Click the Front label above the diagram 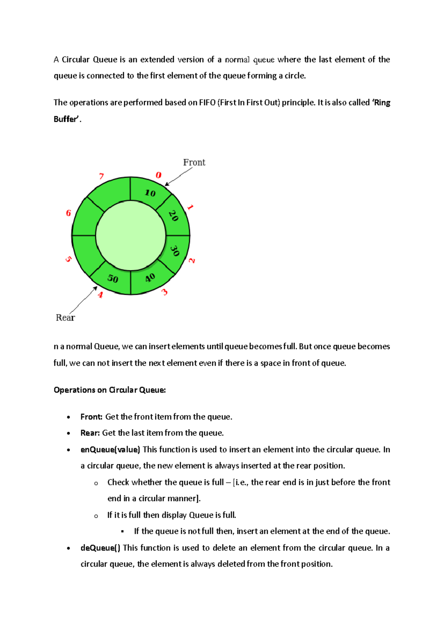(x=194, y=163)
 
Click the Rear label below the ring (x=65, y=318)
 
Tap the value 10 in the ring (x=150, y=193)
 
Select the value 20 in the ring (x=174, y=216)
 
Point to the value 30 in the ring (x=175, y=251)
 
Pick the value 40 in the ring (x=150, y=278)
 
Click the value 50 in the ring (x=113, y=278)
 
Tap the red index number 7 (x=101, y=176)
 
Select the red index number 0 (x=158, y=175)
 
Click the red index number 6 (x=68, y=213)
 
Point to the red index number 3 (x=164, y=292)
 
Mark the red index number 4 (x=100, y=295)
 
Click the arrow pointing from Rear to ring (x=83, y=300)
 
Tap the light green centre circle (x=131, y=235)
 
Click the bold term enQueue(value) (x=110, y=450)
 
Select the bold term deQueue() (x=100, y=548)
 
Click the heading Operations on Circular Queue (x=110, y=390)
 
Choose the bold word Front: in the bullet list (x=91, y=417)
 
